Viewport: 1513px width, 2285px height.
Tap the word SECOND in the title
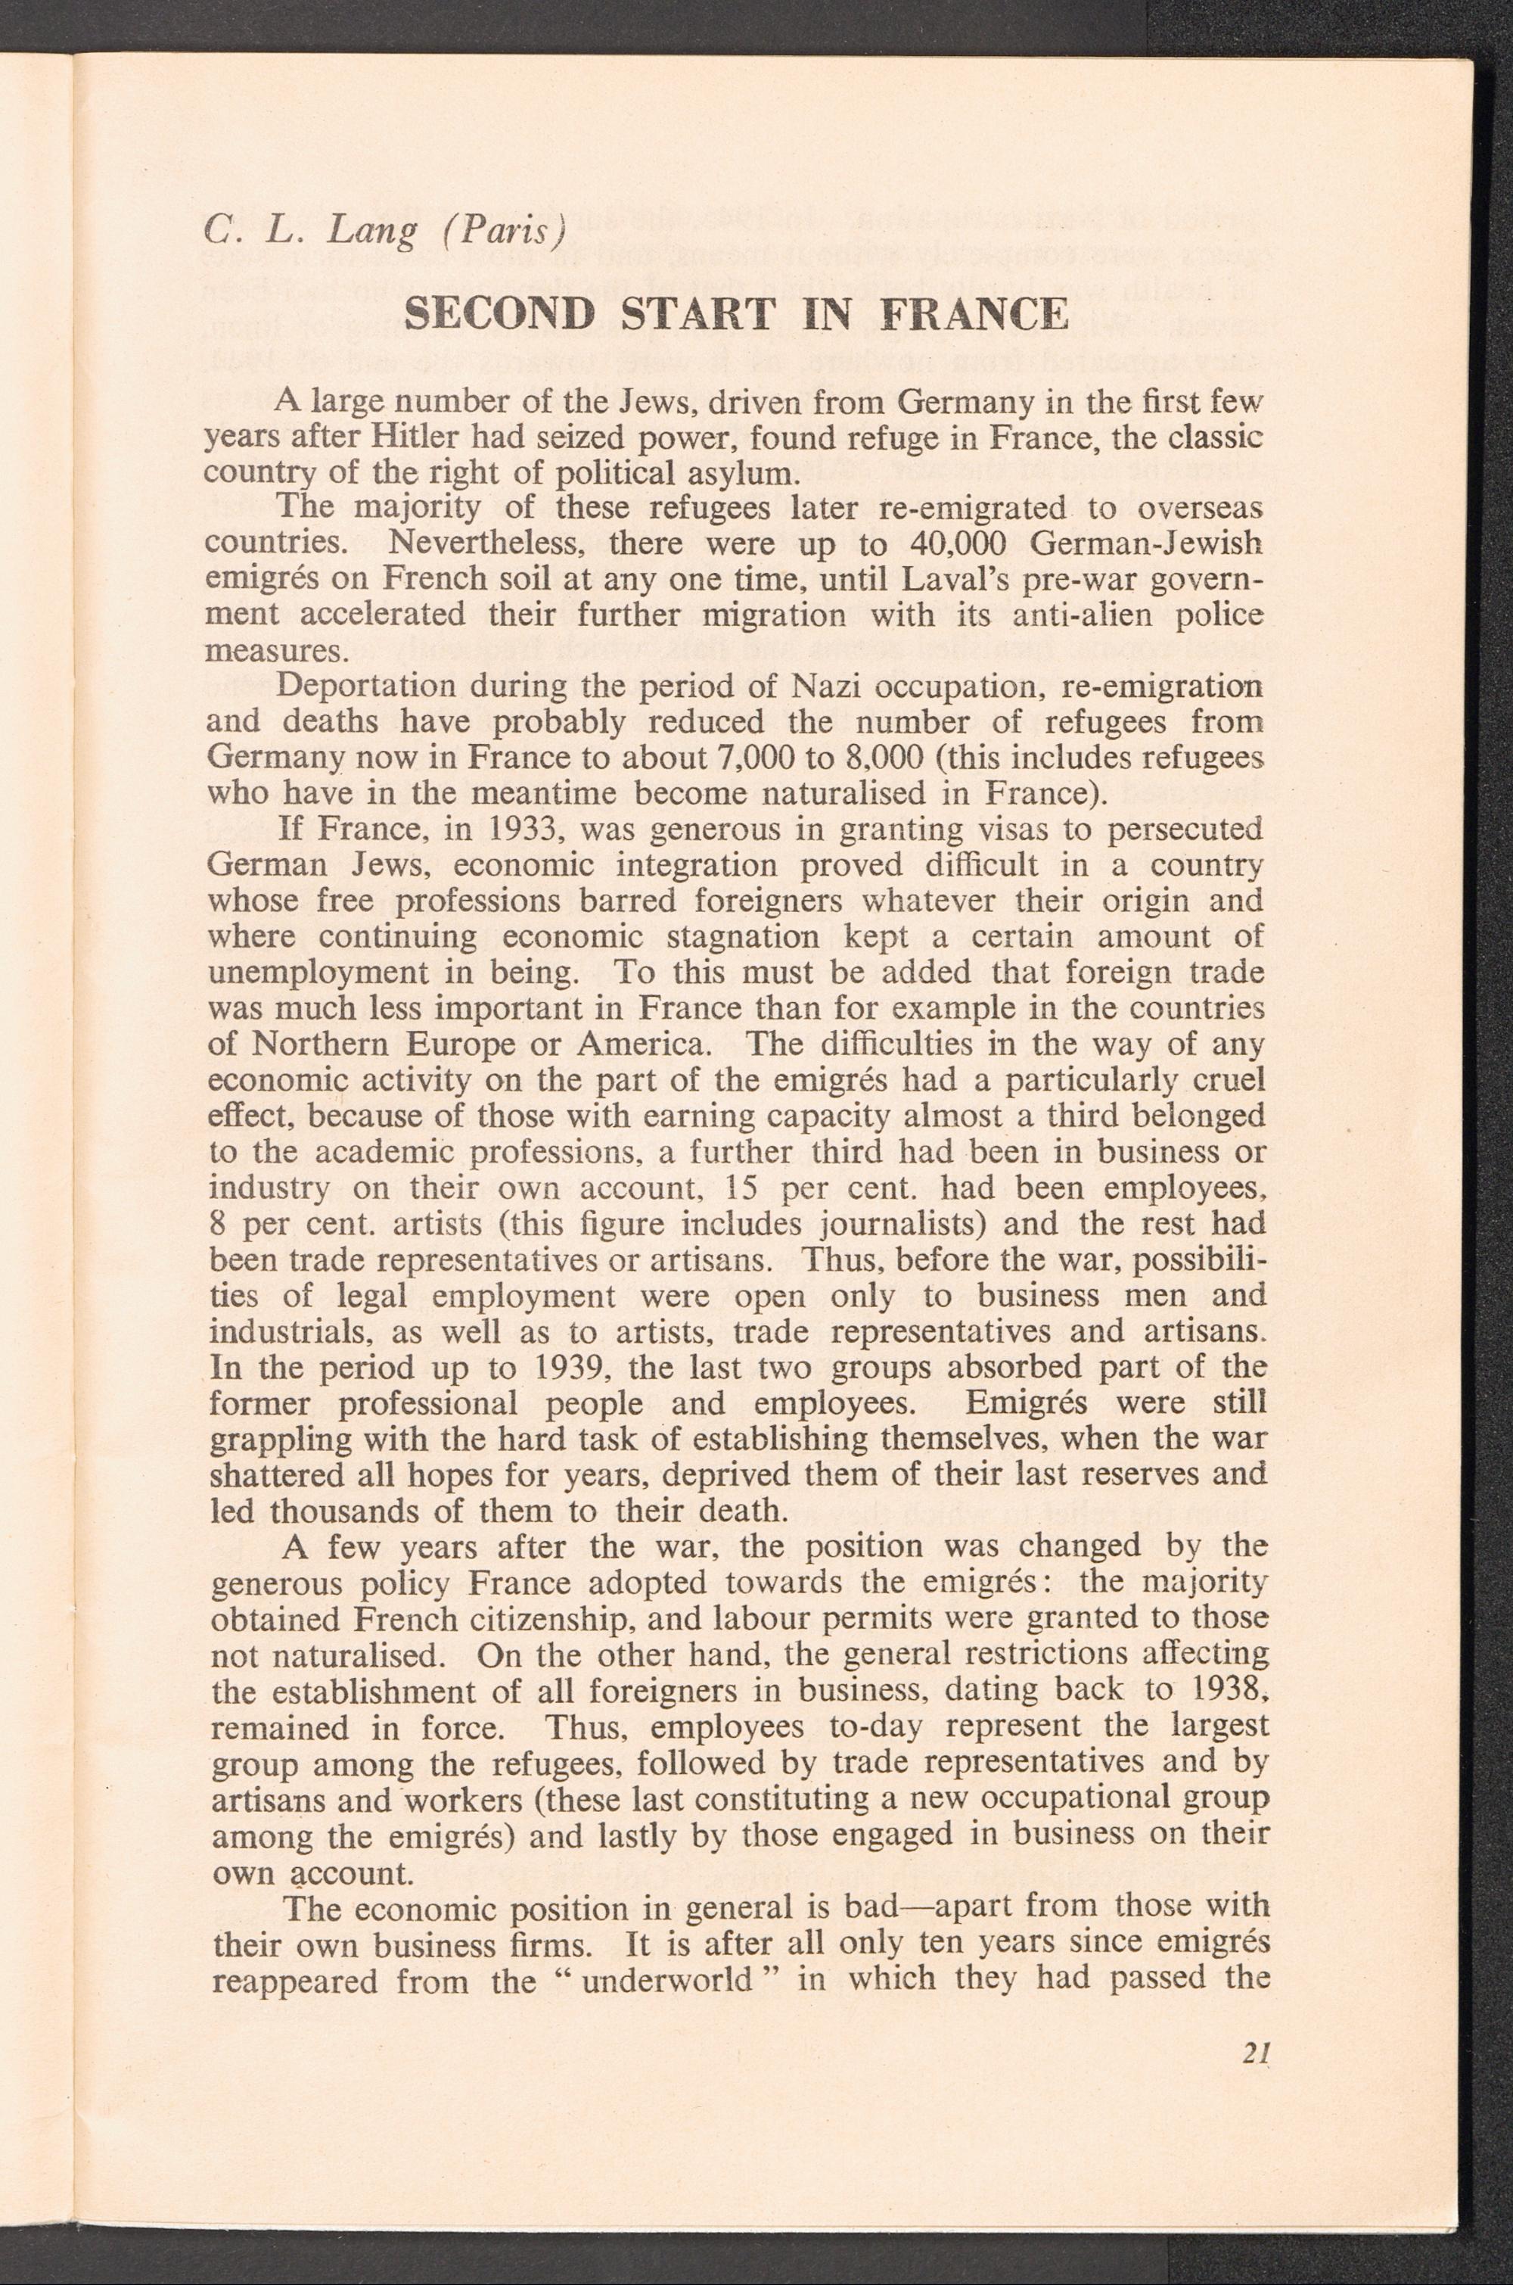click(497, 316)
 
